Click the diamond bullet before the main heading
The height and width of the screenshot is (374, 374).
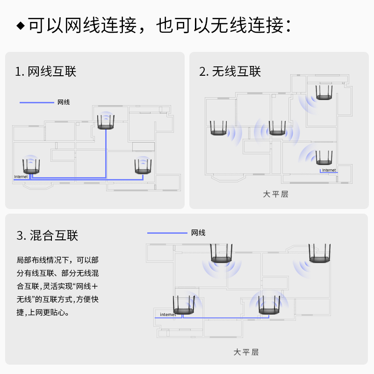click(x=21, y=25)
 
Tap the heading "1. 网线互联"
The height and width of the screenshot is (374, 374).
click(x=45, y=72)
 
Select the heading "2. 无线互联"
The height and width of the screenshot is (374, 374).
click(x=230, y=72)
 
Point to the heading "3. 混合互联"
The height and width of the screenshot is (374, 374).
click(x=47, y=235)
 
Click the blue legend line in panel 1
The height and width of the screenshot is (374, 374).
click(x=36, y=102)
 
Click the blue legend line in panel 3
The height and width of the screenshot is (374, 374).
click(x=167, y=233)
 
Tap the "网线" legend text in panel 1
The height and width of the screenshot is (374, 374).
click(x=64, y=102)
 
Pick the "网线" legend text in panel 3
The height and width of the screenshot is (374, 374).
click(x=198, y=233)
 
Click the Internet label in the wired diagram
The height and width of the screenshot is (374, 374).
click(x=21, y=177)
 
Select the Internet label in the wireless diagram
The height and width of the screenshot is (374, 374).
click(x=329, y=170)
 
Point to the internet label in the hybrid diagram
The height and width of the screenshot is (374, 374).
click(x=168, y=315)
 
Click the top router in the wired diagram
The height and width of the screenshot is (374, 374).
click(x=106, y=122)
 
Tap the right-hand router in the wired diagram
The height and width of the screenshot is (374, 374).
click(x=143, y=167)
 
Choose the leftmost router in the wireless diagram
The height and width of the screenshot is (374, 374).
click(x=218, y=129)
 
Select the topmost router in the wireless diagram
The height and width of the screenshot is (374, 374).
click(x=324, y=92)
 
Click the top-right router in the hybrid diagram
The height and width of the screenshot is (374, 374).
click(x=320, y=254)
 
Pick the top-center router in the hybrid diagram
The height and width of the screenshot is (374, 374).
click(x=221, y=254)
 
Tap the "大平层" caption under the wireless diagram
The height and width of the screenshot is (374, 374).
click(x=275, y=194)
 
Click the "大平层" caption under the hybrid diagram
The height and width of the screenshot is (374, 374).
click(x=246, y=352)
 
